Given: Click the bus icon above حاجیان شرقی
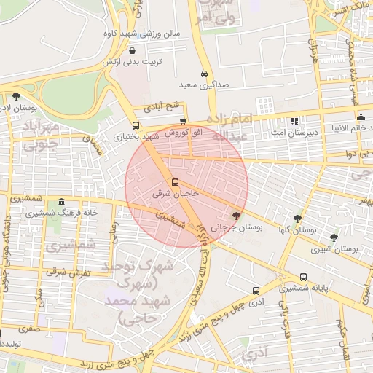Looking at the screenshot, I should (x=175, y=182).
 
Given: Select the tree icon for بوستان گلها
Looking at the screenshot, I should (x=297, y=218).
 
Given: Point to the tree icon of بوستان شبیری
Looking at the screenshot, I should (x=334, y=237).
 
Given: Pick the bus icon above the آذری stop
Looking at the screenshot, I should (x=256, y=290).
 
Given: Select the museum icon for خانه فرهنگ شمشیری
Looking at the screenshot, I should (x=60, y=202).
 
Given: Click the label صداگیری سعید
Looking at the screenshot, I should (x=205, y=85).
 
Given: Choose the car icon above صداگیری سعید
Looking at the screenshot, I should (x=205, y=74).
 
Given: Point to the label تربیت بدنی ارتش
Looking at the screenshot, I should (x=130, y=62).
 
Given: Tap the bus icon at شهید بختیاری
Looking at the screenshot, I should (x=135, y=125).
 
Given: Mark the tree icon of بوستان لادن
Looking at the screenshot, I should (x=16, y=95).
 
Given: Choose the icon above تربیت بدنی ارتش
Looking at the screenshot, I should (x=131, y=51).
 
